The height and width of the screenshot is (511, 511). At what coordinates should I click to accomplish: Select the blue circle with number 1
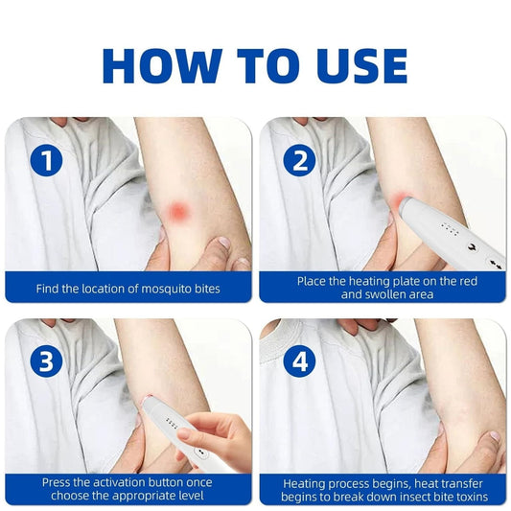pyautogui.click(x=46, y=160)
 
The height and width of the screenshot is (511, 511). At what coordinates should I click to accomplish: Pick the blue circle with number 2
pyautogui.click(x=299, y=160)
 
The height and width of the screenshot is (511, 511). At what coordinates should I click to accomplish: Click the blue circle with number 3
pyautogui.click(x=46, y=361)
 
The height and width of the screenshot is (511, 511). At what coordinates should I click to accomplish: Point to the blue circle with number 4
pyautogui.click(x=299, y=361)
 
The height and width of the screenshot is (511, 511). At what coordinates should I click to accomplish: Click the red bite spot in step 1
pyautogui.click(x=178, y=211)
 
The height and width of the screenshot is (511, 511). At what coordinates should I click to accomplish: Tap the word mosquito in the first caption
pyautogui.click(x=164, y=290)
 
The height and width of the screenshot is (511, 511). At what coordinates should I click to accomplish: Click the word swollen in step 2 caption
pyautogui.click(x=384, y=294)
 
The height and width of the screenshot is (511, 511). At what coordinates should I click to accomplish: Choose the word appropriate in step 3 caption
pyautogui.click(x=148, y=497)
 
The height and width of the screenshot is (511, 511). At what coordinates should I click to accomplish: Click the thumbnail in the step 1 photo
pyautogui.click(x=223, y=243)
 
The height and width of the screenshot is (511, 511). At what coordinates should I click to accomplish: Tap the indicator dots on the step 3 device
pyautogui.click(x=172, y=423)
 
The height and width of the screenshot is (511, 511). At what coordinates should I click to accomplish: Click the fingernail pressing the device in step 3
pyautogui.click(x=184, y=433)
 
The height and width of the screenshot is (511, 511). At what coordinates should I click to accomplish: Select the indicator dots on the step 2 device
pyautogui.click(x=450, y=228)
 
